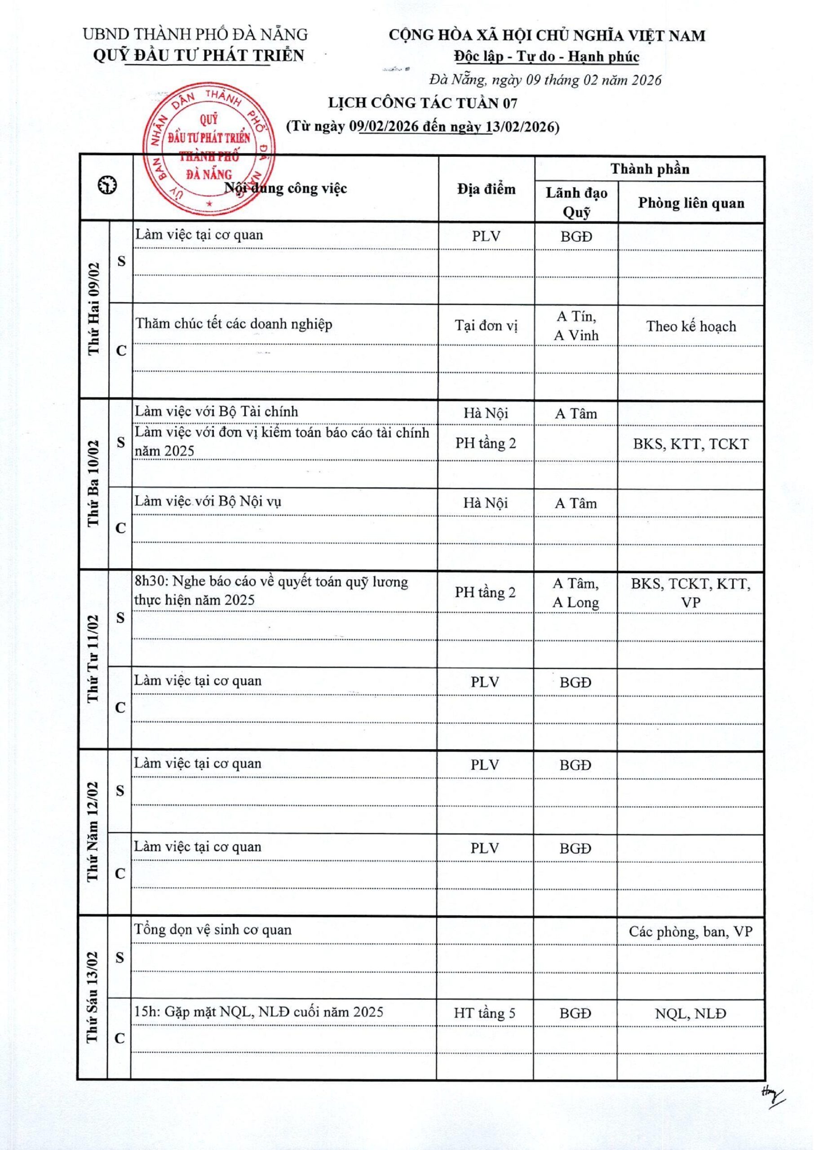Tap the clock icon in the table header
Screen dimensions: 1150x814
pyautogui.click(x=107, y=186)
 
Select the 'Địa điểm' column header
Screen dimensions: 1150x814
pyautogui.click(x=486, y=189)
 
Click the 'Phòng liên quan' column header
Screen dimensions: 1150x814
pyautogui.click(x=691, y=203)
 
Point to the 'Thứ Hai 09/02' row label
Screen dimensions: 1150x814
pyautogui.click(x=94, y=309)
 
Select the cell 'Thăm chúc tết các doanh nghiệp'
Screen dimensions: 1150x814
pyautogui.click(x=234, y=324)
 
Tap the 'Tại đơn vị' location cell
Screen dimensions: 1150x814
pyautogui.click(x=486, y=326)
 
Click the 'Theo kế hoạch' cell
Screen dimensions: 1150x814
pyautogui.click(x=691, y=327)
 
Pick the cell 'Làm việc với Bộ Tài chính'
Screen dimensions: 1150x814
pyautogui.click(x=216, y=412)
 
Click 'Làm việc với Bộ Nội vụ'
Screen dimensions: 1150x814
pyautogui.click(x=208, y=502)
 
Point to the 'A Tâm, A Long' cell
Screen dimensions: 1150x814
pyautogui.click(x=575, y=593)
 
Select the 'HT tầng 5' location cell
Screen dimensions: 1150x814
pyautogui.click(x=484, y=1013)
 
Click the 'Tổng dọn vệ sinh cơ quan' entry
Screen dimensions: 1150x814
pyautogui.click(x=212, y=930)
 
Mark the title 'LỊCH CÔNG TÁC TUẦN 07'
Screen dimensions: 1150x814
pyautogui.click(x=423, y=103)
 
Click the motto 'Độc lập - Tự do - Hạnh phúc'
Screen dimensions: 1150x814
pyautogui.click(x=546, y=57)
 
